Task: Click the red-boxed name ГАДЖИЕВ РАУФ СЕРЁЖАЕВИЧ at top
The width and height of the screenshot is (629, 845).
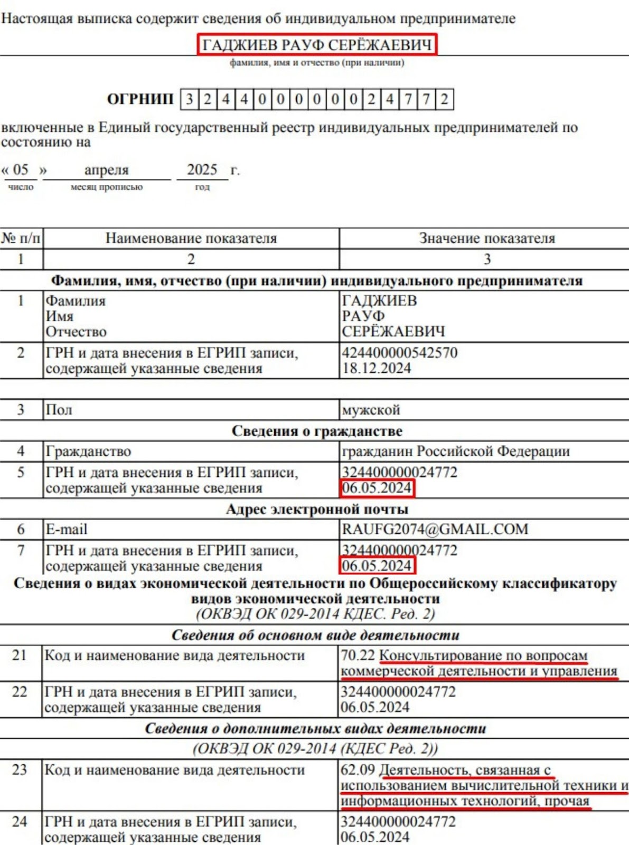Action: [317, 45]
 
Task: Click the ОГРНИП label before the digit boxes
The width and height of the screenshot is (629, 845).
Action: [140, 99]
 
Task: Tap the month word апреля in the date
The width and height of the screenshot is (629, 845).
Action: [107, 170]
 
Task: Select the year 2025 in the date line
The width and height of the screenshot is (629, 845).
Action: [202, 170]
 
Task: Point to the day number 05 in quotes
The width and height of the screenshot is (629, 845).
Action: [21, 170]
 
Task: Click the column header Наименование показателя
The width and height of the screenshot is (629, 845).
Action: [191, 238]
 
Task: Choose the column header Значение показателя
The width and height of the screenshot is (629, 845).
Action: [487, 238]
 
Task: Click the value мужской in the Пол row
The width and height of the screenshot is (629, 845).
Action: [371, 410]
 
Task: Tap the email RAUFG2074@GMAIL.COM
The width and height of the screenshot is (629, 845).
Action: [435, 529]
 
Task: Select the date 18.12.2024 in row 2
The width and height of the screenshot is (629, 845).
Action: [376, 368]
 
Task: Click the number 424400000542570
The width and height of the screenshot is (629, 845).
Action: [399, 353]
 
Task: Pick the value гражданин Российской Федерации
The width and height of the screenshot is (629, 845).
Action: [455, 452]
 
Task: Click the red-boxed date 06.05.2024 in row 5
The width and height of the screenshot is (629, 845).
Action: [377, 488]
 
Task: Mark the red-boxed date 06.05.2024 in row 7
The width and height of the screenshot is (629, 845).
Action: [377, 566]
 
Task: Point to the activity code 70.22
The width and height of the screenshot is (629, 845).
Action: [358, 655]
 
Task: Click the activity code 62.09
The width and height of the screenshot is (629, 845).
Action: [358, 770]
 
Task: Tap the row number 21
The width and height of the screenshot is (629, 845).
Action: [20, 655]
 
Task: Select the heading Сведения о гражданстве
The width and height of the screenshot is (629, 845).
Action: [317, 431]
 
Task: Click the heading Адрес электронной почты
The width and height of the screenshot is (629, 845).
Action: [317, 509]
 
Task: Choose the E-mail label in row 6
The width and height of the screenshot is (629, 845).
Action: [67, 529]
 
